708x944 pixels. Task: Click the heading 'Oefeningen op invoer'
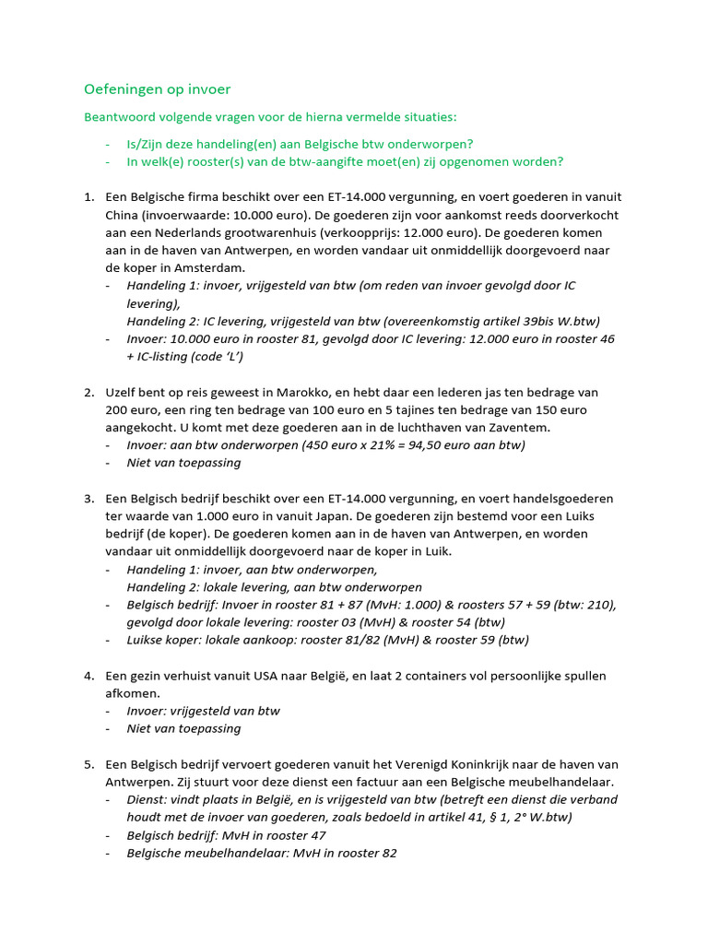click(x=158, y=89)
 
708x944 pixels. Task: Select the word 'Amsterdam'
click(x=205, y=267)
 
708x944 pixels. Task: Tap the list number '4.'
click(x=88, y=676)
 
